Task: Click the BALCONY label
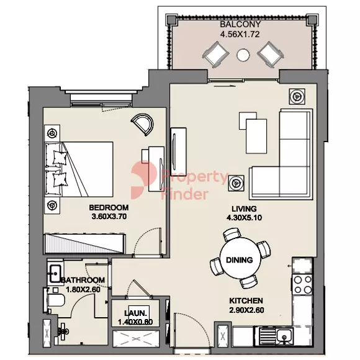pos(240,24)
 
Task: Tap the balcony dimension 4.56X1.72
pos(240,34)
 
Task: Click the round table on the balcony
pos(243,55)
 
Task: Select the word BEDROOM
pos(109,207)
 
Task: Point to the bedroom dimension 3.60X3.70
pos(109,217)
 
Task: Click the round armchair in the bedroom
pos(143,124)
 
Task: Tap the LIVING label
pos(244,209)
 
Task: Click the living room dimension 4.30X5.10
pos(244,218)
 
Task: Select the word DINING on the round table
pos(240,260)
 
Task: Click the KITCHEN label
pos(246,300)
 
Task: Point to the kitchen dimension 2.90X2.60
pos(246,310)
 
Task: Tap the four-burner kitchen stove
pos(303,285)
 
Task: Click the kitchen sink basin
pos(285,336)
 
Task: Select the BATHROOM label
pos(83,280)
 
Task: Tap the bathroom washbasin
pos(55,273)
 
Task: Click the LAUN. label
pos(135,313)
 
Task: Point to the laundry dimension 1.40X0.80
pos(135,322)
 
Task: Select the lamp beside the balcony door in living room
pos(297,97)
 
